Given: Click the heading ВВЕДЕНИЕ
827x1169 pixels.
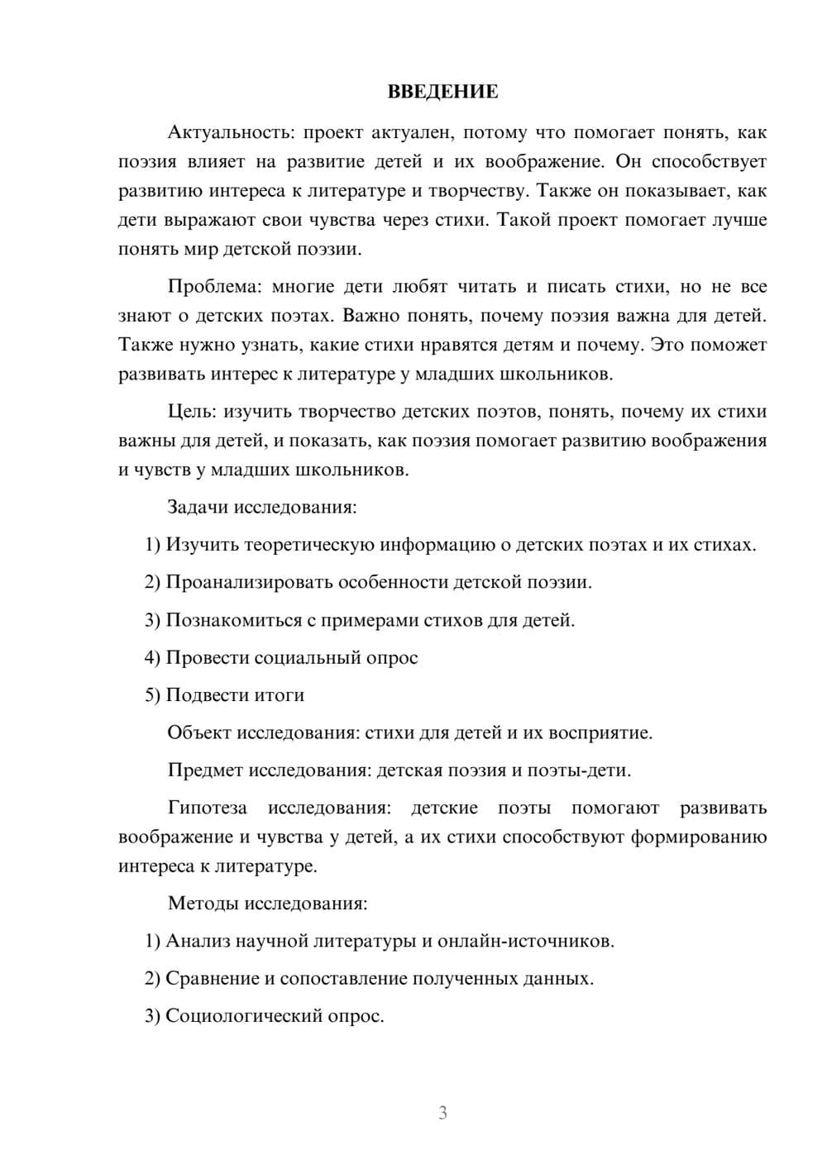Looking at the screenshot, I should click(442, 92).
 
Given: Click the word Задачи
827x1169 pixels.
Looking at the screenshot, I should click(198, 507).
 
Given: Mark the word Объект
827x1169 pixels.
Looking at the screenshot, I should click(199, 732).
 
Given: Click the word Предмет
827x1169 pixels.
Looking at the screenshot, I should click(204, 771).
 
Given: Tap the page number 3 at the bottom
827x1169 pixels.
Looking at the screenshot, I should click(442, 1113).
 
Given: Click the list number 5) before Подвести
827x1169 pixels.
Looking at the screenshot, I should click(152, 695).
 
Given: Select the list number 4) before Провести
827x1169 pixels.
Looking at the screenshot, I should click(152, 658).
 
